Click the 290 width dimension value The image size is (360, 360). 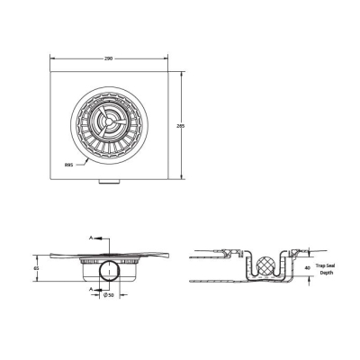(108, 58)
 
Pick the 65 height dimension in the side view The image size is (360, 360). (37, 268)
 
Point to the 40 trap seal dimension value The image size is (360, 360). (309, 267)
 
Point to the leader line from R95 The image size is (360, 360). (79, 160)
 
